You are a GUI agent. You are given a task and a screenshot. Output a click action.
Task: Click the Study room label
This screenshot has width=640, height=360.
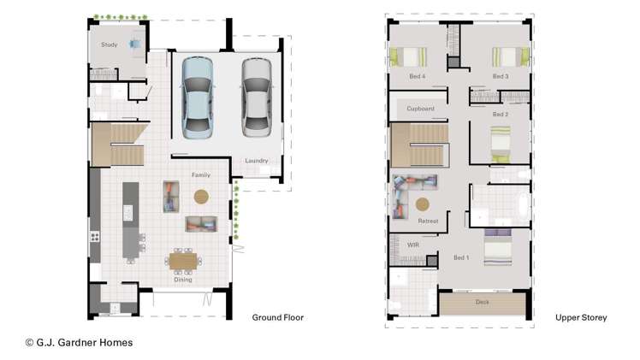pos(109,44)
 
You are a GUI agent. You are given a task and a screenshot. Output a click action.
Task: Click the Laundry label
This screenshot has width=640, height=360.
pos(257,161)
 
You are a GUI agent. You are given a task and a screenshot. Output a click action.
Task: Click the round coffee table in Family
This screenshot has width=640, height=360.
pos(201,197)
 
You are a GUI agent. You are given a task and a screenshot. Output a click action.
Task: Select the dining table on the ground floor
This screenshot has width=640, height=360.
pos(182,260)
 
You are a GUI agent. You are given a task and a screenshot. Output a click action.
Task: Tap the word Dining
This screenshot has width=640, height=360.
pos(183,280)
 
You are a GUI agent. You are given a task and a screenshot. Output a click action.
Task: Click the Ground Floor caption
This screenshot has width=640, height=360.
pos(277,318)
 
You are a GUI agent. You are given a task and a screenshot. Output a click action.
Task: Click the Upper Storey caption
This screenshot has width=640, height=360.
pos(581,318)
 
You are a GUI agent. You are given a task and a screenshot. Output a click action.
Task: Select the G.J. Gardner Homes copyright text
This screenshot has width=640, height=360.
pos(79,343)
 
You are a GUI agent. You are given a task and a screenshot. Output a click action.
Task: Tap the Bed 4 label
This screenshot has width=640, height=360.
pos(418,76)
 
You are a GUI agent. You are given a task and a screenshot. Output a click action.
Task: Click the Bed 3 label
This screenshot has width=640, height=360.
pos(501,76)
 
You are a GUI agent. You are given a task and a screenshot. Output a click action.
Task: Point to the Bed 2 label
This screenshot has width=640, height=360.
pos(501,114)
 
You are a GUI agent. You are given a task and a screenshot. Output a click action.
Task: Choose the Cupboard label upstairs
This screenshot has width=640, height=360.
pos(420,109)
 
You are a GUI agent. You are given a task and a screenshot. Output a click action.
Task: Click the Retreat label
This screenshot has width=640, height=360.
pos(428,221)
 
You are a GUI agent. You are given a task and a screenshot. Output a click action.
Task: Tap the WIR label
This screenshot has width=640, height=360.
pos(413,245)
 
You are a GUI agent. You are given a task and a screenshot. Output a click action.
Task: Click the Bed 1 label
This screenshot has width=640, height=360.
pos(461,257)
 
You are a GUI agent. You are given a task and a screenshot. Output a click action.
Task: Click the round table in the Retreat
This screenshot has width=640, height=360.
pos(423,204)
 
